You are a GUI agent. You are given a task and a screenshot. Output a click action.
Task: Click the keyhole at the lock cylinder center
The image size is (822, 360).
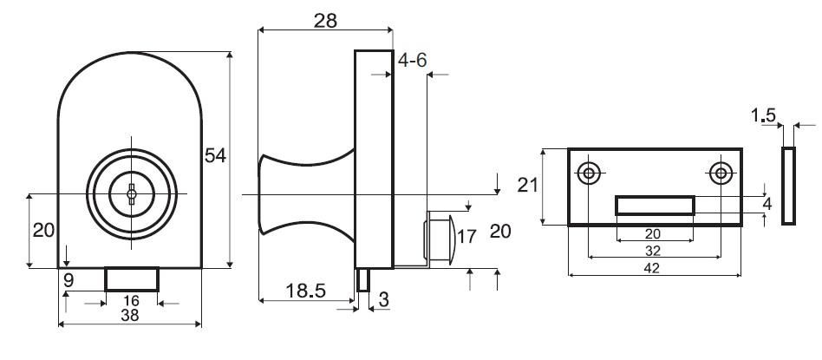131,193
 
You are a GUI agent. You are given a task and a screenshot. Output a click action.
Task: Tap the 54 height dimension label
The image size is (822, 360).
215,155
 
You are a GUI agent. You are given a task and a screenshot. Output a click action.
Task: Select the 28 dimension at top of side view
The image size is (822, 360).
325,21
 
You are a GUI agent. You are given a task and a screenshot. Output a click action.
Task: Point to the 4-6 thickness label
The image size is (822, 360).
412,61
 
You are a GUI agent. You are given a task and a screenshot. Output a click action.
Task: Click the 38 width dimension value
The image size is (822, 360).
129,315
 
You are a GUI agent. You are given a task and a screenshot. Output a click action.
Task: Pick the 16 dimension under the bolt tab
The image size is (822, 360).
131,301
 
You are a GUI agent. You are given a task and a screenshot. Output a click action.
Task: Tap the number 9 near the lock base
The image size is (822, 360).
68,281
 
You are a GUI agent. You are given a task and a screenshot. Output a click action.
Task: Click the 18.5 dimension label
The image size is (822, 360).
305,291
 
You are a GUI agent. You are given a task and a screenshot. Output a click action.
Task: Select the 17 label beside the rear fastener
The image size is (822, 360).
466,237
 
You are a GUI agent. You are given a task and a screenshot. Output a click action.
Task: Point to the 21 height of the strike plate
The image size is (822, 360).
528,185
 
